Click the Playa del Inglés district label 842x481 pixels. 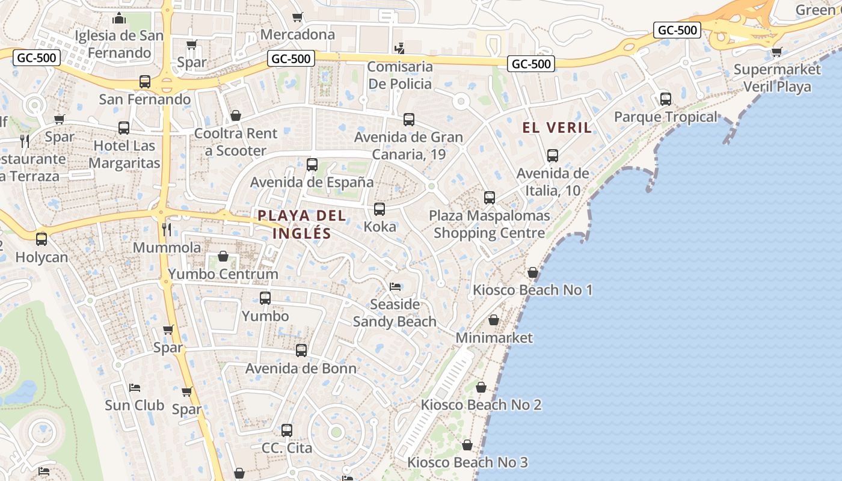[302, 224]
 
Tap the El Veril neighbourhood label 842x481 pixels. [557, 127]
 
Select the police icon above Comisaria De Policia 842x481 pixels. [399, 47]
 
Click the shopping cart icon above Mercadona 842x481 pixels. [297, 17]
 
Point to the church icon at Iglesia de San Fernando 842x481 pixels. [119, 18]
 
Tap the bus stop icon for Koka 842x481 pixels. [380, 209]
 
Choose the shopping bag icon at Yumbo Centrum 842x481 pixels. [223, 257]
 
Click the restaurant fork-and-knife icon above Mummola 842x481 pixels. [167, 230]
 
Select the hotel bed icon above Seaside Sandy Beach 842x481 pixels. [395, 286]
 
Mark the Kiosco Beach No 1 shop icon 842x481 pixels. [532, 273]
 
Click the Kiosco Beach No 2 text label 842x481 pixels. [481, 405]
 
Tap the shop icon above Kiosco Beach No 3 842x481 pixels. [467, 446]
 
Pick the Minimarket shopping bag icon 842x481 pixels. [494, 320]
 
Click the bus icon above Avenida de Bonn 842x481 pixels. [301, 351]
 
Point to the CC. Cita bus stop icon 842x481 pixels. [287, 430]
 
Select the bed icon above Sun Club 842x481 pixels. [135, 387]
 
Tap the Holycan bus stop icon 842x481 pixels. [41, 239]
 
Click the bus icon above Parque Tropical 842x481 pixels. [666, 99]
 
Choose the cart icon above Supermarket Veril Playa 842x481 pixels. [777, 52]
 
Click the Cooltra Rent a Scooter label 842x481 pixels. [236, 142]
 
